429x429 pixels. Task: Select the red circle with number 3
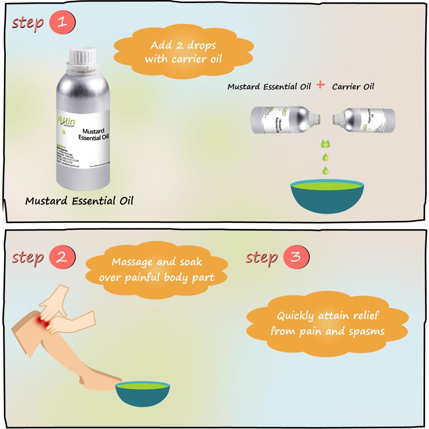pyautogui.click(x=296, y=257)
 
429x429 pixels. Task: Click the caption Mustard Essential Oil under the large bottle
pyautogui.click(x=79, y=201)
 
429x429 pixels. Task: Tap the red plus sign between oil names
pyautogui.click(x=320, y=85)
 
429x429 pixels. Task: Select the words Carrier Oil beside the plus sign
pyautogui.click(x=353, y=87)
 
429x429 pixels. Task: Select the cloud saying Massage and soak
pyautogui.click(x=157, y=269)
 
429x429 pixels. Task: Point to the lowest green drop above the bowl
pyautogui.click(x=326, y=170)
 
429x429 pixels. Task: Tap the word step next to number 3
pyautogui.click(x=261, y=257)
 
